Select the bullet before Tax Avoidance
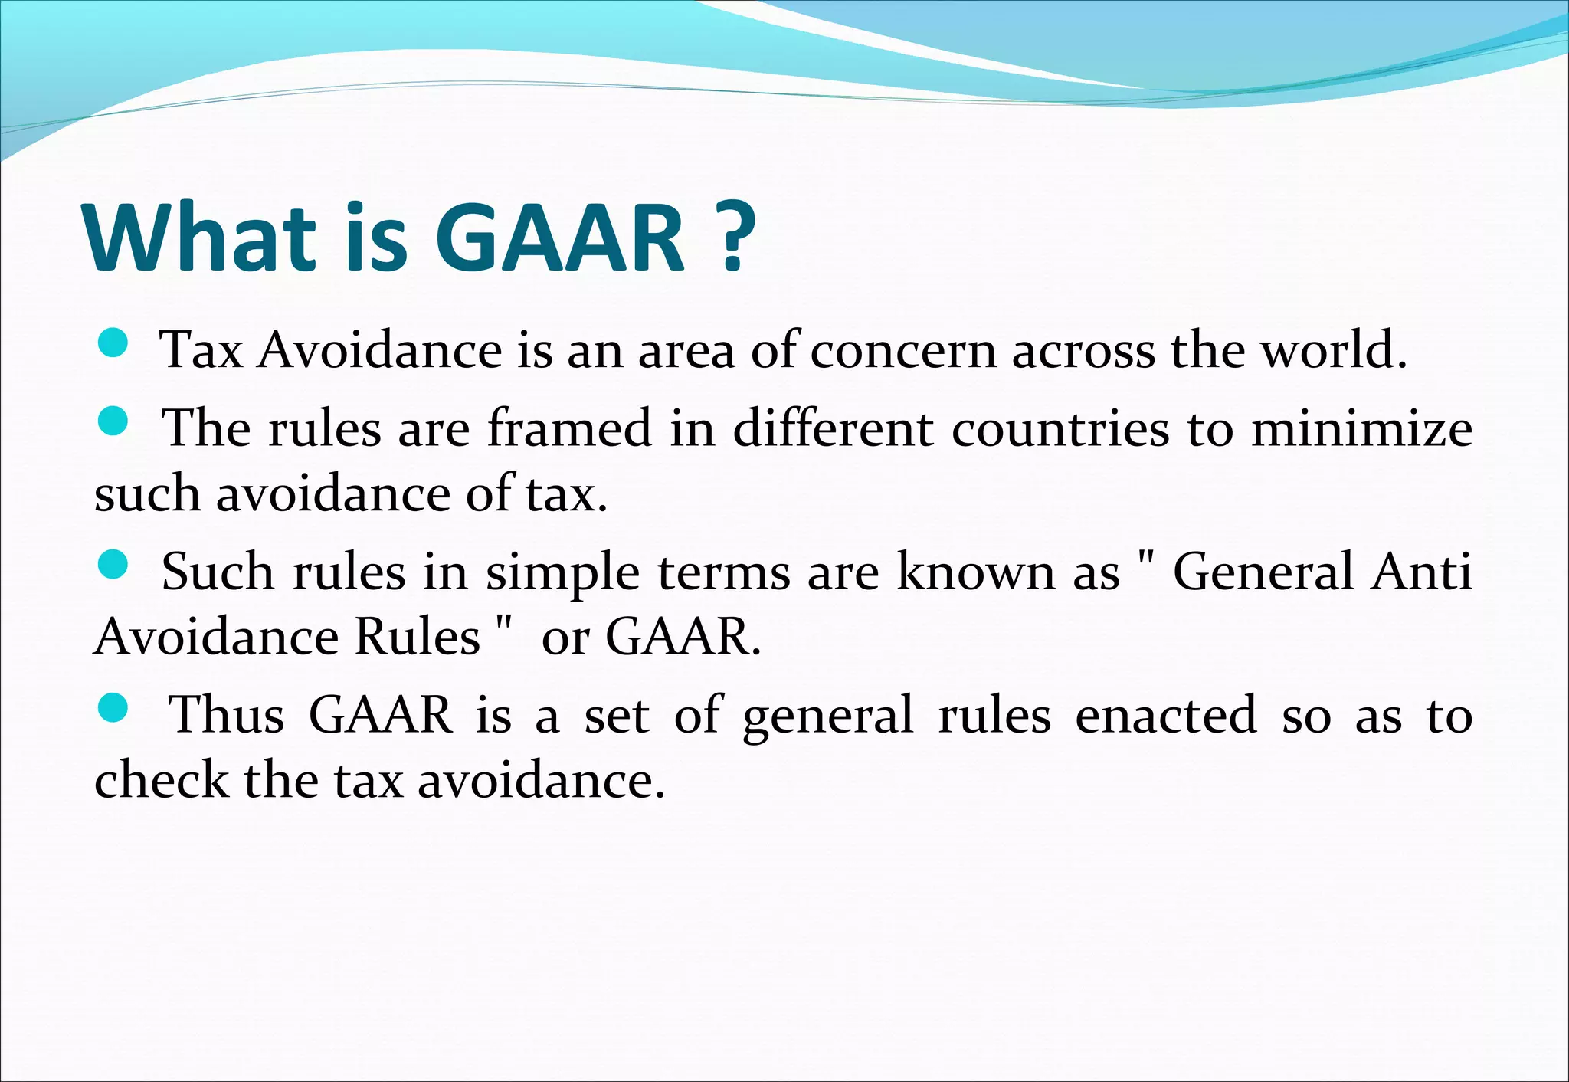[x=113, y=343]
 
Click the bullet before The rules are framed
[x=113, y=421]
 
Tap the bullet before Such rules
[x=113, y=565]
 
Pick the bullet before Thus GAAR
[x=113, y=707]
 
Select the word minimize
[x=1361, y=428]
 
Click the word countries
[x=1060, y=428]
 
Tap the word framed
[x=570, y=428]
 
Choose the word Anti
[x=1421, y=572]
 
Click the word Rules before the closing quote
[x=418, y=638]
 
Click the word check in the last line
[x=162, y=781]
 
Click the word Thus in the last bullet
[x=226, y=716]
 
